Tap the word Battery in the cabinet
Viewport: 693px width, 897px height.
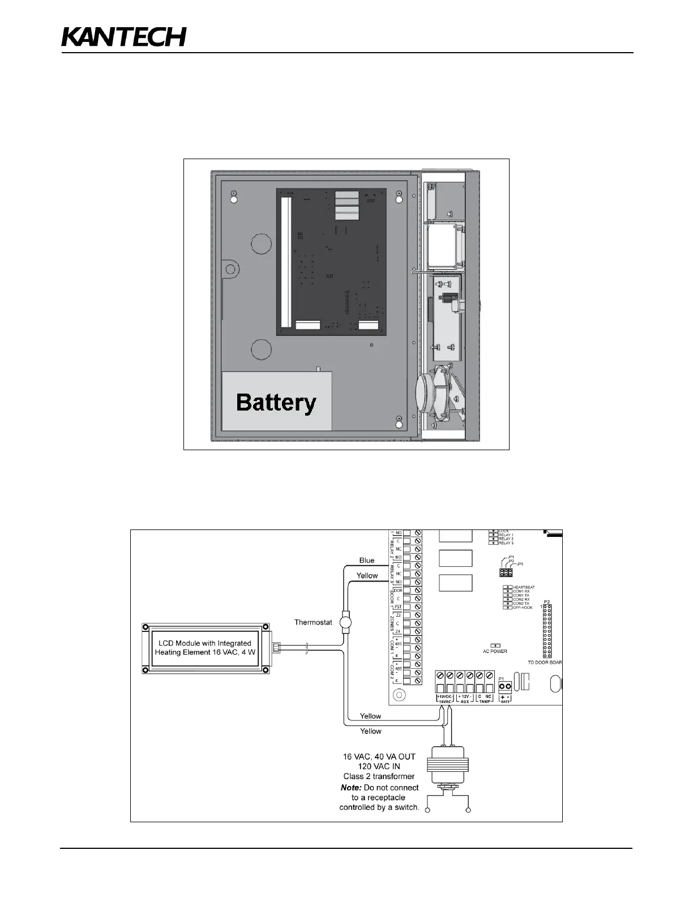coord(276,402)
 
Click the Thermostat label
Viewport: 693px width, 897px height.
coord(313,622)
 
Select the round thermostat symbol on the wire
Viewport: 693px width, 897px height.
coord(344,622)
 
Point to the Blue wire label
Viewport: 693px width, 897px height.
coord(367,560)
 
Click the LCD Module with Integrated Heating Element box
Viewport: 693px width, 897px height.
coord(204,648)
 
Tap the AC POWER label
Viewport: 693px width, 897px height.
coord(495,651)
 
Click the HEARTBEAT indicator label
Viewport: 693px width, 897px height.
coord(524,587)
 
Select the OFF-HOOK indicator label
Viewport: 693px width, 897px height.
coord(523,608)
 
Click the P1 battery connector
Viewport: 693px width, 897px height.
coord(506,686)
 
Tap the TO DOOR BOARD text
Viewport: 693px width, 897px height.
coord(545,663)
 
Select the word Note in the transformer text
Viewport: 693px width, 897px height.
coord(351,787)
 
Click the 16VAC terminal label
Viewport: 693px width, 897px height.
coord(445,702)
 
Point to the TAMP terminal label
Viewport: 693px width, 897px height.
coord(485,702)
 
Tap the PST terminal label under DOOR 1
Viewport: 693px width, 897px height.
coord(398,606)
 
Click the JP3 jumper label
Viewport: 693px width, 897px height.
coord(520,564)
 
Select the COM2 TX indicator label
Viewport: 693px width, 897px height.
coord(521,604)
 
